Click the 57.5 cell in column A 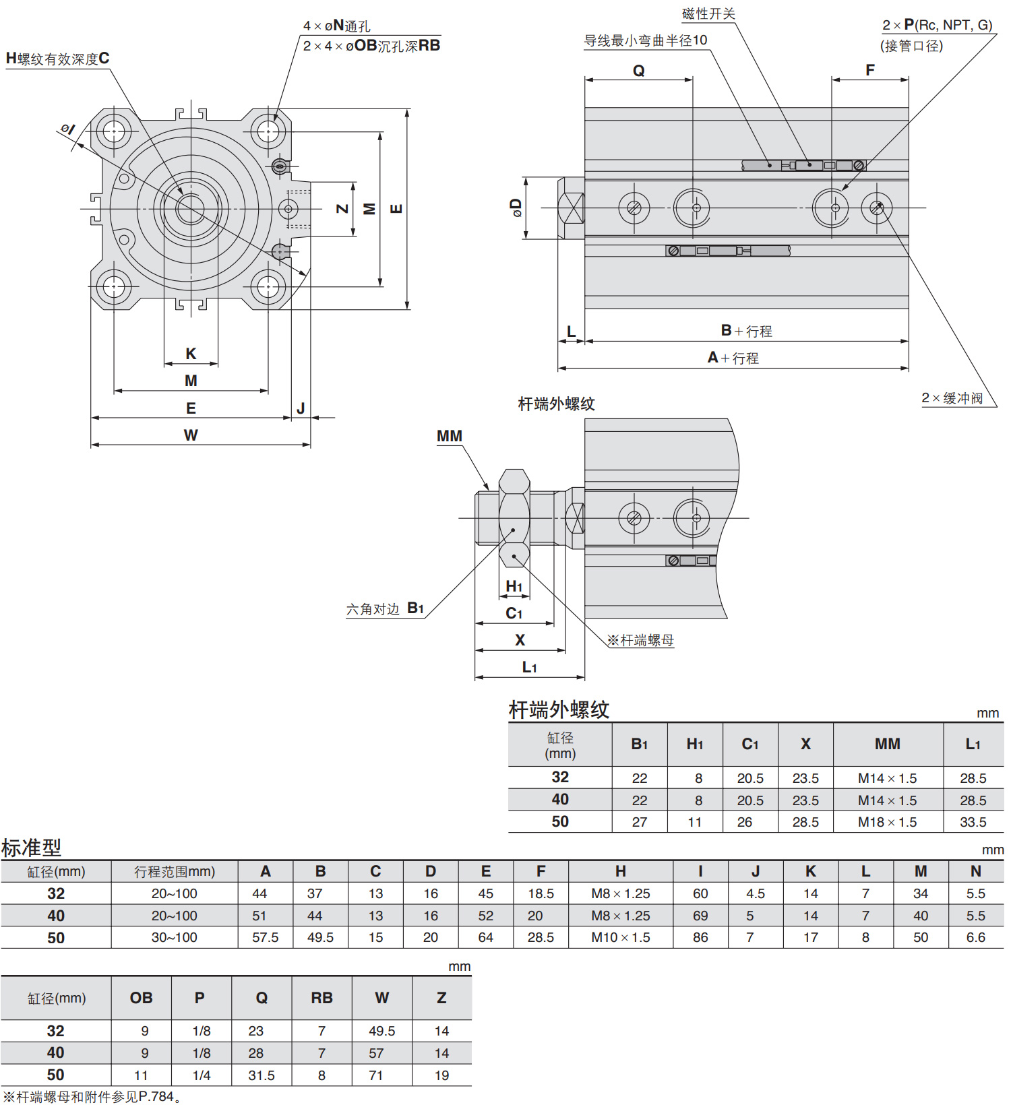coord(265,937)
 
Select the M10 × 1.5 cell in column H coord(620,937)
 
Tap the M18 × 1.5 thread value coord(887,822)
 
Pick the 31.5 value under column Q coord(261,1075)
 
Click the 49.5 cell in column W coord(381,1031)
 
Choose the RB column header coord(321,998)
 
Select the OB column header coord(141,998)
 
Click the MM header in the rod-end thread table coord(887,744)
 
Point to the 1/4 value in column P coord(201,1075)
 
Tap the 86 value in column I coord(700,937)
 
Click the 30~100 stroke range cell coord(174,937)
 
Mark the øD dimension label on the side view coord(516,208)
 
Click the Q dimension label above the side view coord(638,71)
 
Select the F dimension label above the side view coord(869,70)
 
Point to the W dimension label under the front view coord(191,435)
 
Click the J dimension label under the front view coord(301,408)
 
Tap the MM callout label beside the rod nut coord(450,436)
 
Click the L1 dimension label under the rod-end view coord(529,667)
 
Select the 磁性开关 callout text coord(708,14)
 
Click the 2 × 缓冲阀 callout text coord(952,398)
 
